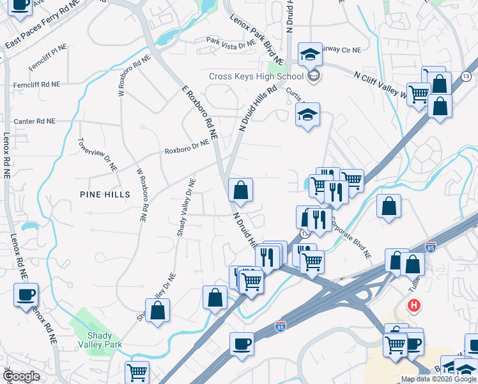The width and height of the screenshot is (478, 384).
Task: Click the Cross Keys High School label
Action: pos(256,76)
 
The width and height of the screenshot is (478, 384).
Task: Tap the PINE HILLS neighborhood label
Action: pos(105,194)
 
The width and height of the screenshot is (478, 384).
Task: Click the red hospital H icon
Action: pos(414,306)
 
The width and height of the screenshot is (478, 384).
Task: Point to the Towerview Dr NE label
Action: pos(98,154)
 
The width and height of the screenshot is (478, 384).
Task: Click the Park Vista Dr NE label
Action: pos(231,40)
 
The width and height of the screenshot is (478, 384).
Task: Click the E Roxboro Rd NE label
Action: pos(200,113)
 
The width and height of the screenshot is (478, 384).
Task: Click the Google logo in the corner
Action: pos(21,377)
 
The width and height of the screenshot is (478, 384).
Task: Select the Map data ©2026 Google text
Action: pos(438,379)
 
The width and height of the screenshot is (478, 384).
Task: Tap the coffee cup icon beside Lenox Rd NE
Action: pos(26,294)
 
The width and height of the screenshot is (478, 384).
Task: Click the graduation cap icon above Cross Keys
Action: pos(309,54)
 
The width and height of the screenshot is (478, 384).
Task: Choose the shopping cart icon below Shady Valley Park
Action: pos(137,372)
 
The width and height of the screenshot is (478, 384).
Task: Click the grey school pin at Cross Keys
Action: pos(312,77)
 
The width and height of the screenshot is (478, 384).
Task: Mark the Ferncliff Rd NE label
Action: pos(37,84)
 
